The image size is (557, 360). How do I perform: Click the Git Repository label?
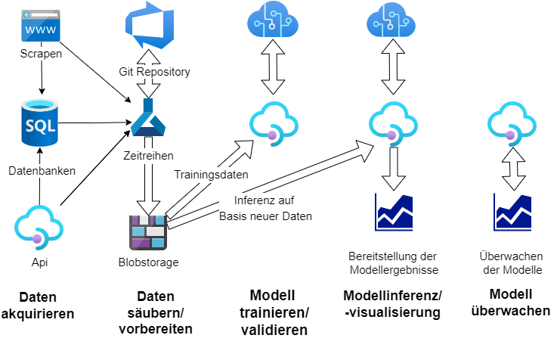(154, 73)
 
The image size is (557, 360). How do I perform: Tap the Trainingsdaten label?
(212, 174)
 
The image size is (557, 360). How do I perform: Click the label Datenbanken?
(42, 171)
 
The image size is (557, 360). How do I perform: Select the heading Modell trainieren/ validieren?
(278, 312)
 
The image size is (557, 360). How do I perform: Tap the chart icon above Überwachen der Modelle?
(512, 213)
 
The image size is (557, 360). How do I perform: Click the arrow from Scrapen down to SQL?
(39, 78)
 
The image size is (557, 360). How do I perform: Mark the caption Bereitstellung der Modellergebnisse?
(394, 262)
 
